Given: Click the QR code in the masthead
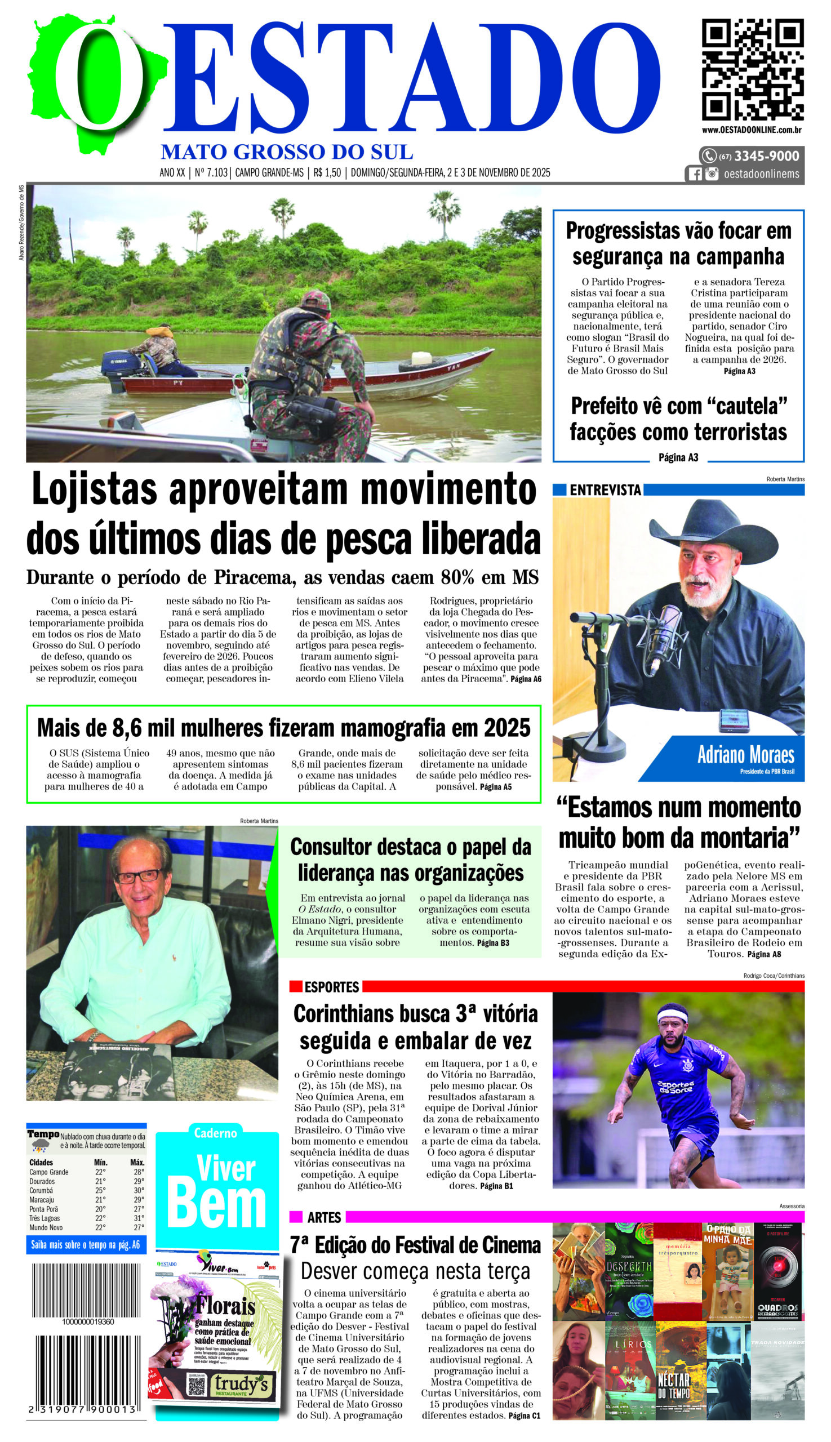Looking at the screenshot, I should click(752, 69).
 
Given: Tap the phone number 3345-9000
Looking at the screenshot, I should click(766, 156).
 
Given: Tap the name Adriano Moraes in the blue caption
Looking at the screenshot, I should click(745, 755).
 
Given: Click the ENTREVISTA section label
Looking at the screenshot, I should click(605, 489).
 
